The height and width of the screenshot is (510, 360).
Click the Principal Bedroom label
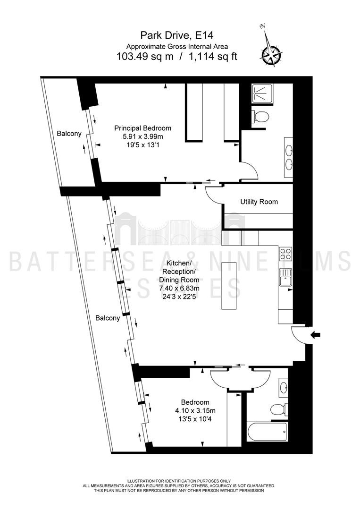point(142,128)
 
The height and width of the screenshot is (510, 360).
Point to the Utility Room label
point(259,202)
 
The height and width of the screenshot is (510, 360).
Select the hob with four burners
point(285,254)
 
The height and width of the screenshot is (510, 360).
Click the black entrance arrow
point(316,334)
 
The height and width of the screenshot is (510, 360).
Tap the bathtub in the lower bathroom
point(267,432)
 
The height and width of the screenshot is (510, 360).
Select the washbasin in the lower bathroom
point(283,387)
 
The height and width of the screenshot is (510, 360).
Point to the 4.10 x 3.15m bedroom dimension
point(195,410)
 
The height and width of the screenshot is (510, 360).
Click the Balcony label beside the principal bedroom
point(69,133)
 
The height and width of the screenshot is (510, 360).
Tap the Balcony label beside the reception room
point(108,318)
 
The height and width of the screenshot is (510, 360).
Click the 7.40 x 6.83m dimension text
point(179,288)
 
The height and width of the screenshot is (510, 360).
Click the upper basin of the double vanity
point(289,151)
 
